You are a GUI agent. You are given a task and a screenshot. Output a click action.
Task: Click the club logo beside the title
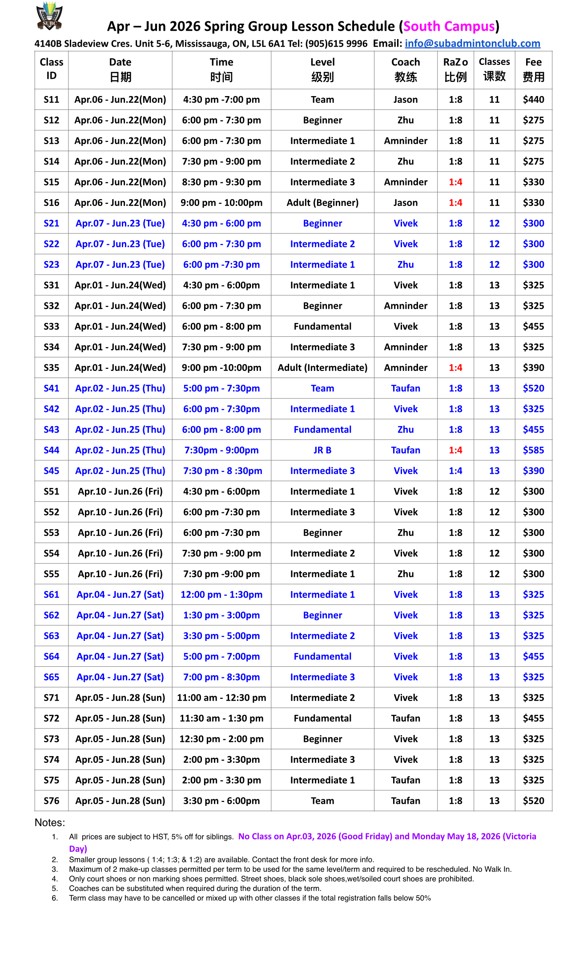49,16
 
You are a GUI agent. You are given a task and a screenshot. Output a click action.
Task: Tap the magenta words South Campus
449,27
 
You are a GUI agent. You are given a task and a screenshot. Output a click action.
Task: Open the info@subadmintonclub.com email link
472,44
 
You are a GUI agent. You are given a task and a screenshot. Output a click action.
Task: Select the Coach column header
406,70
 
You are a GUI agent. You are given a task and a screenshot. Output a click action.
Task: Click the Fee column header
533,70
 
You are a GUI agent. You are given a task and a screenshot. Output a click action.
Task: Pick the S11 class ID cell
52,100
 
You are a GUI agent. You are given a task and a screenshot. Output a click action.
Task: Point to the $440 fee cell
533,100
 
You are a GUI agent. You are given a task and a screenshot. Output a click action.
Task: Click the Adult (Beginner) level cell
322,203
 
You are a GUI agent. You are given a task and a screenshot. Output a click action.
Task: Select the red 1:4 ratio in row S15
455,182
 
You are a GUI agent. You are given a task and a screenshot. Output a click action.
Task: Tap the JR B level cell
322,451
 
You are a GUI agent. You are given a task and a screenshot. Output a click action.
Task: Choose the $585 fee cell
533,451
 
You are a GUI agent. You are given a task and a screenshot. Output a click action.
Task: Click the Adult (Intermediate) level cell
322,368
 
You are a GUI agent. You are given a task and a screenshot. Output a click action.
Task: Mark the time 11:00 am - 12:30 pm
221,698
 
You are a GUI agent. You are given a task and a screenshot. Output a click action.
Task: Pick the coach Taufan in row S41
406,388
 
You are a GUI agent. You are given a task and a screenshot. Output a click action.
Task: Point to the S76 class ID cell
52,801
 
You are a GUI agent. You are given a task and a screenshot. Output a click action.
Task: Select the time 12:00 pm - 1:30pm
221,595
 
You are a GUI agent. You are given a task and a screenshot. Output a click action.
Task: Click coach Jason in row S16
406,203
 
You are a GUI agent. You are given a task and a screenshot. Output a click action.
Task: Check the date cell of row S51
120,492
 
